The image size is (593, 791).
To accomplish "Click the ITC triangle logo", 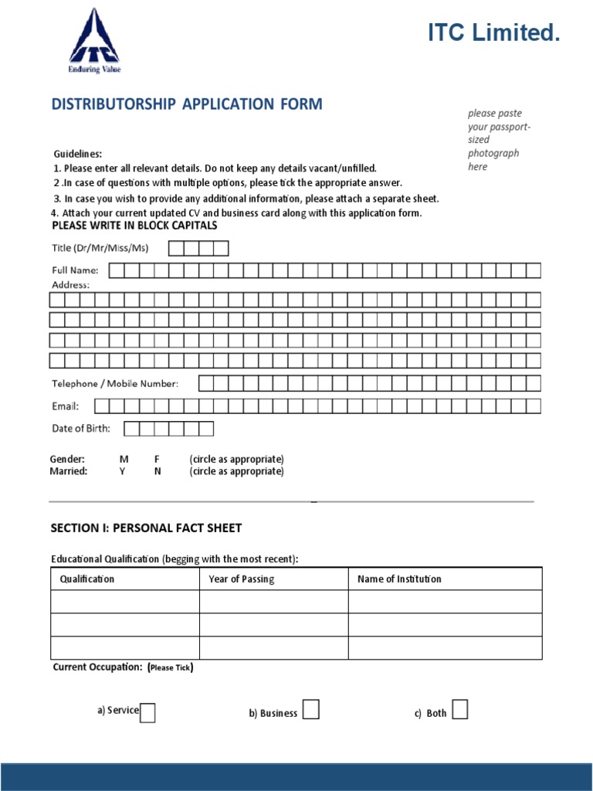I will [x=94, y=38].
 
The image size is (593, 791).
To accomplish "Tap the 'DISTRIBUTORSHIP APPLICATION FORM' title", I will [x=187, y=104].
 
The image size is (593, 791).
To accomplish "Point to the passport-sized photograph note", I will [x=495, y=140].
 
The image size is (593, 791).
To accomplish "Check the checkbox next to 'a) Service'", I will [x=147, y=712].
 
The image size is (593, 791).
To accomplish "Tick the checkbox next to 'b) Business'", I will [x=310, y=710].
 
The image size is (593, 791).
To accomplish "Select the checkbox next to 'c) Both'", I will [x=459, y=710].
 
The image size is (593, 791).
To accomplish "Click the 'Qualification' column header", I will [x=87, y=579].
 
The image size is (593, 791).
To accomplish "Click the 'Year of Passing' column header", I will [x=241, y=579].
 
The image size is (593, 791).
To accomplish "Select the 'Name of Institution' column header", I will [x=399, y=579].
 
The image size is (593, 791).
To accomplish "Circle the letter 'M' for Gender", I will [x=124, y=459].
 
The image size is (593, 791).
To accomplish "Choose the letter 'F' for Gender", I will [x=157, y=459].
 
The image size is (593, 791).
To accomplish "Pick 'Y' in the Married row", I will [x=122, y=471].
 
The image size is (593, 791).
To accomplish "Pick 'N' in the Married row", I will [x=158, y=471].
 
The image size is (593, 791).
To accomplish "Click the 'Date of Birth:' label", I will [x=81, y=429].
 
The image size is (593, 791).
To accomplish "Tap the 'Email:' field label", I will [x=65, y=406].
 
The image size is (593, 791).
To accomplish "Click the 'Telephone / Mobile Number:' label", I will [x=115, y=384].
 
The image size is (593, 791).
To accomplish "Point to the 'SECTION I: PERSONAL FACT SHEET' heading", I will [x=146, y=528].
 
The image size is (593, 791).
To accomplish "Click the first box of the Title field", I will [x=176, y=248].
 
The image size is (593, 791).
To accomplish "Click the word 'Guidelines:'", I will [x=77, y=154].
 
